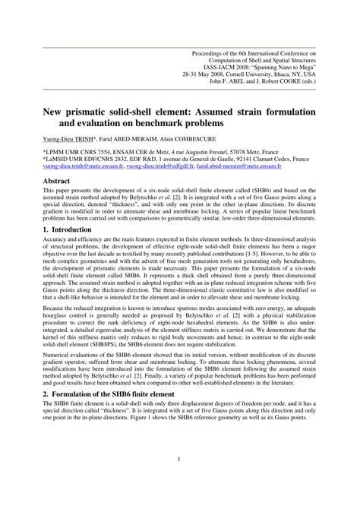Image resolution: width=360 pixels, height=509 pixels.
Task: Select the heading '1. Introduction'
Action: [73, 250]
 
